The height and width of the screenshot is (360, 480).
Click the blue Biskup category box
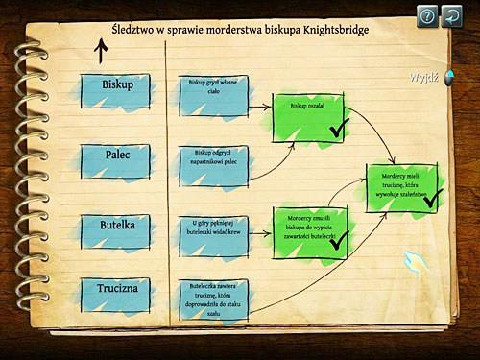coord(116,85)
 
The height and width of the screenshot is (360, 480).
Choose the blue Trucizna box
coord(116,287)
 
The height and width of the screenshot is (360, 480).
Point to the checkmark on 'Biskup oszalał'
coord(337,128)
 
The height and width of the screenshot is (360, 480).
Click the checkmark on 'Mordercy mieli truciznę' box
coord(431,198)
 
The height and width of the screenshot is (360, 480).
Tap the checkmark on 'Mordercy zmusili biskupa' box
coord(338,240)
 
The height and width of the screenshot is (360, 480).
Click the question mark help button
coord(425,15)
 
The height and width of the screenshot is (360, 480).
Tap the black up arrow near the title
coord(101,51)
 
